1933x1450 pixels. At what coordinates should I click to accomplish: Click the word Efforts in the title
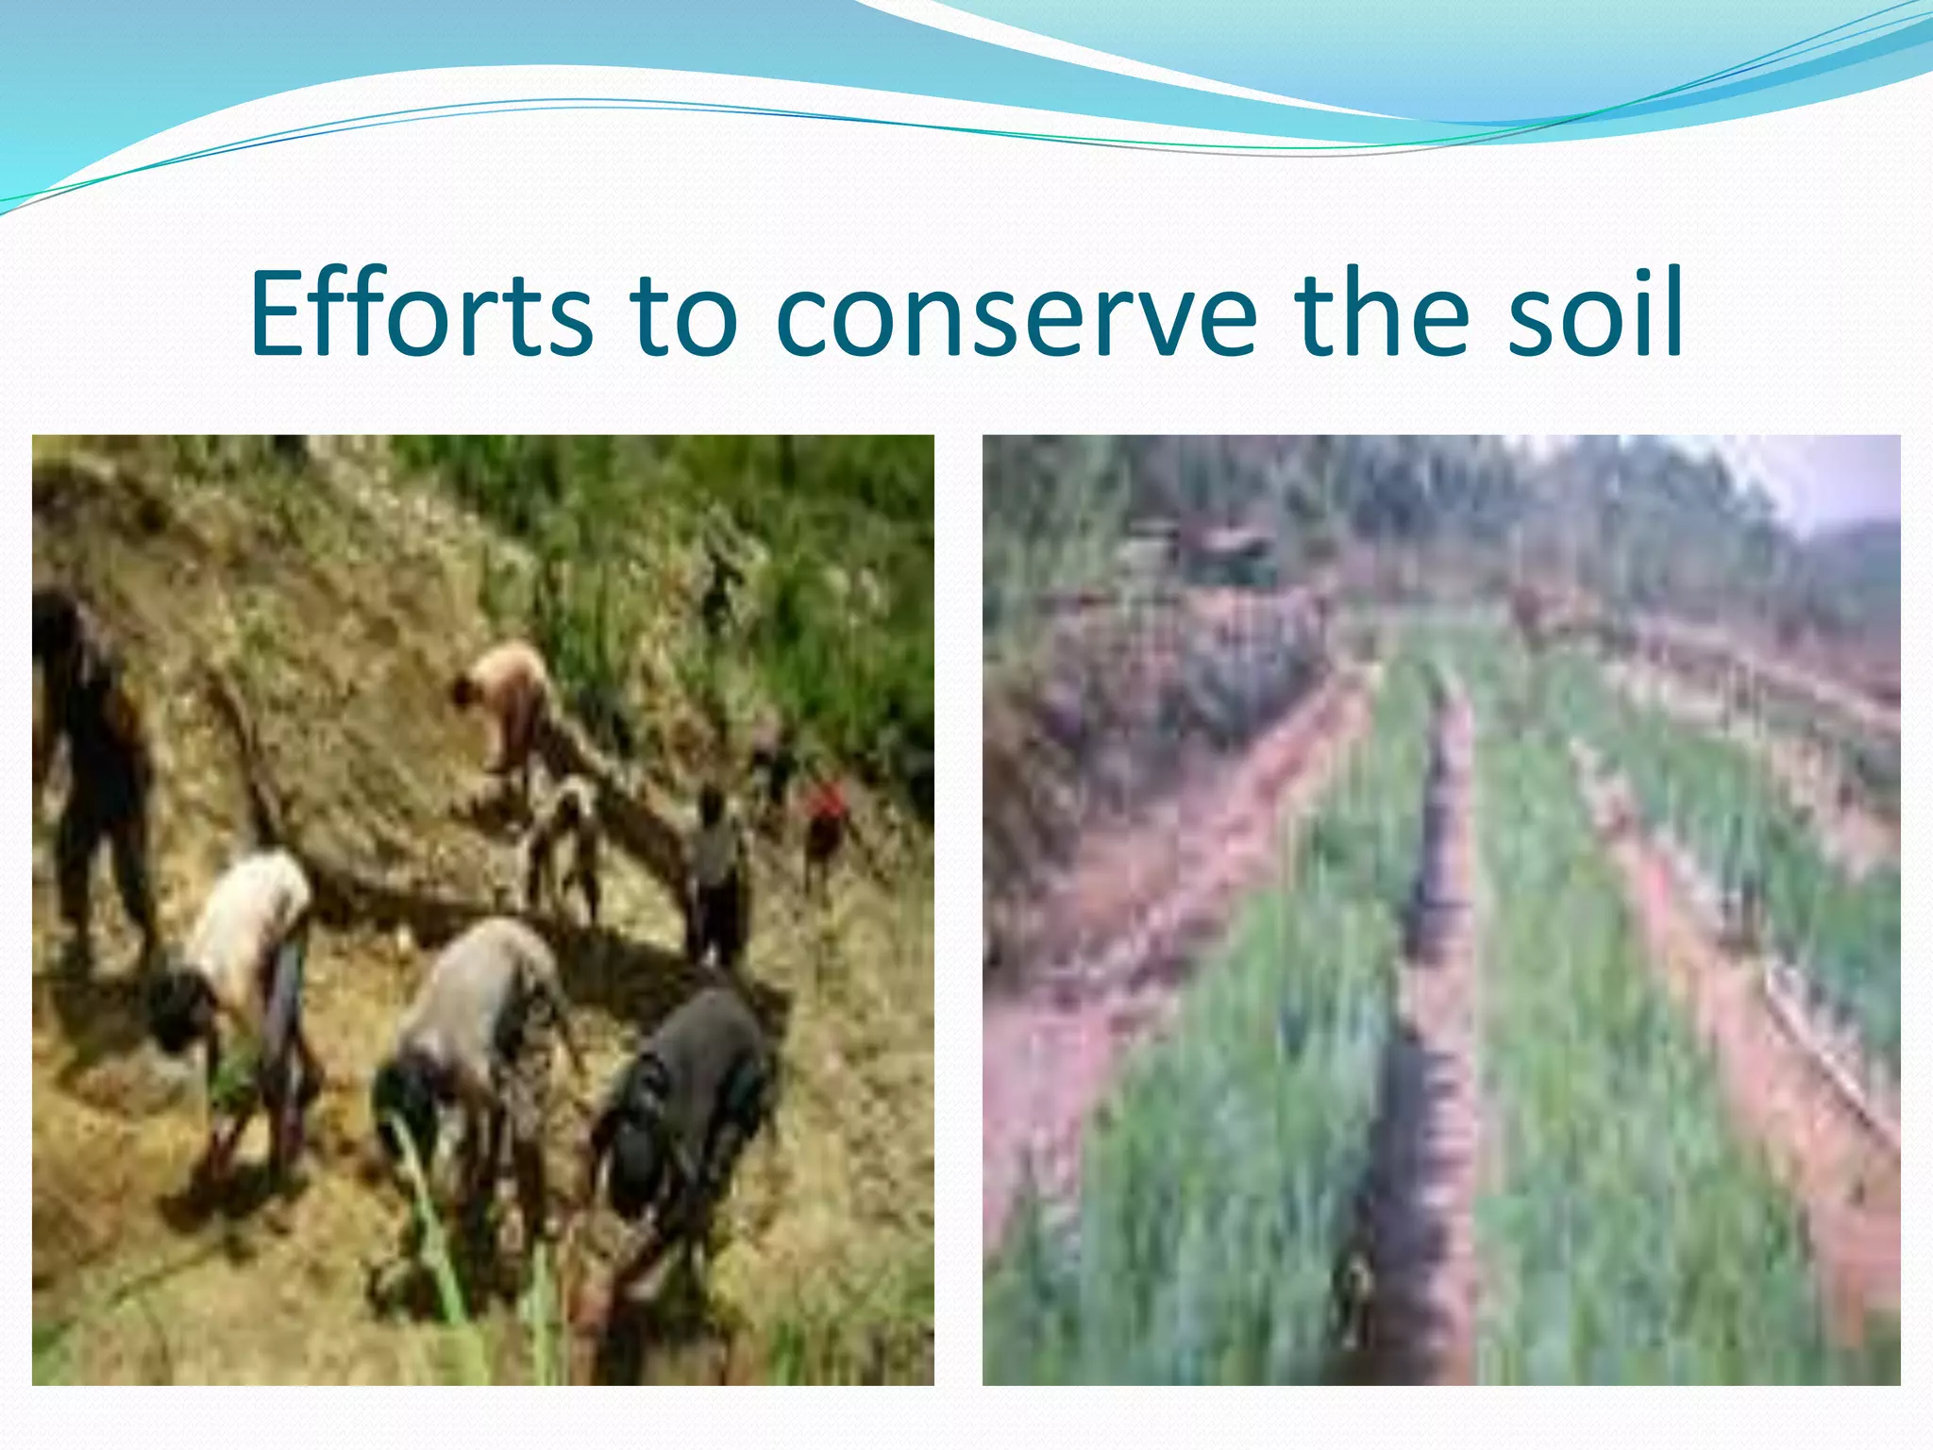pyautogui.click(x=421, y=313)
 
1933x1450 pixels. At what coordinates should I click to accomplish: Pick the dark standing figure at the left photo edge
pyautogui.click(x=90, y=755)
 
